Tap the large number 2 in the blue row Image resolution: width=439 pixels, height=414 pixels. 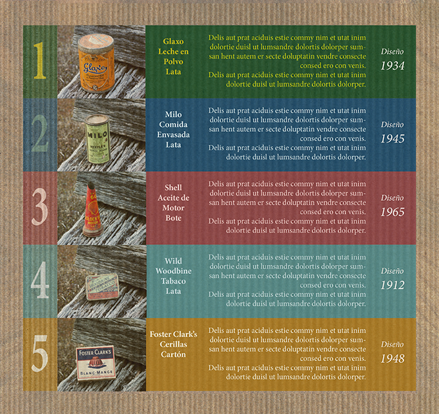pos(40,133)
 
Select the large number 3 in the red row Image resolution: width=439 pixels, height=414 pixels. pos(39,207)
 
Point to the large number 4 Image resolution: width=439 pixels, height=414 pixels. pos(40,280)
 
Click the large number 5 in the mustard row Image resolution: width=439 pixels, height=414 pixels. pos(39,353)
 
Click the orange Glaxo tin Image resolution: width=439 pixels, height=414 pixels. pos(96,63)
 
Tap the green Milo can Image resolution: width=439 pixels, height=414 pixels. pos(97,139)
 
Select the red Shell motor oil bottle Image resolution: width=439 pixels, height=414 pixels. pos(93,209)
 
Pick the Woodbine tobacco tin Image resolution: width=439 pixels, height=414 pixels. pos(103,287)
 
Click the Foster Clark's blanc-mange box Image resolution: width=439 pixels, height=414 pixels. pos(96,363)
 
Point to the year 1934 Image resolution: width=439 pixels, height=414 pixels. pos(393,66)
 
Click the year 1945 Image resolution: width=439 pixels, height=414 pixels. pos(393,139)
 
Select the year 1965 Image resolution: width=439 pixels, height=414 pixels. pos(393,212)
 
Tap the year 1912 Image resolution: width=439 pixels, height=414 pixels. pos(393,285)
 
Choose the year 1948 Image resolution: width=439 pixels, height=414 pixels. pos(393,358)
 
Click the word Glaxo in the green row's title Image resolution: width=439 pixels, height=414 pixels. pos(173,41)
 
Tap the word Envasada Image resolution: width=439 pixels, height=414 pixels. pos(173,135)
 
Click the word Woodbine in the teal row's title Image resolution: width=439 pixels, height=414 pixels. pos(174,271)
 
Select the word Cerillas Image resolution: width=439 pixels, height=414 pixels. pos(173,344)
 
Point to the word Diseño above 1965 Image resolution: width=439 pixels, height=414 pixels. pos(393,198)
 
